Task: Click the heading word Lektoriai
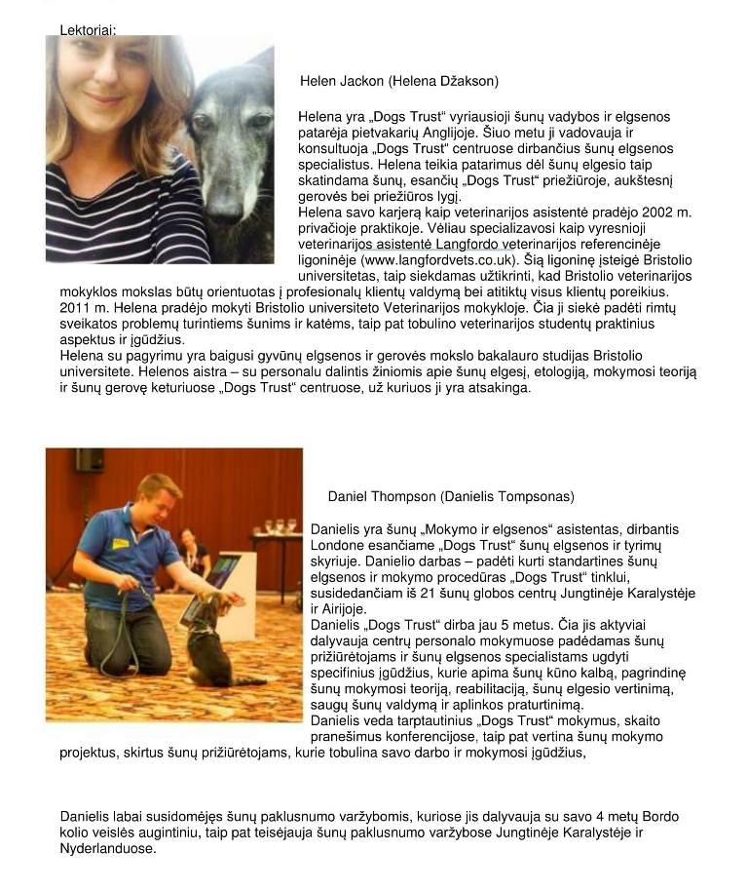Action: tap(88, 29)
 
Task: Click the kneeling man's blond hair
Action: tap(159, 485)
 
